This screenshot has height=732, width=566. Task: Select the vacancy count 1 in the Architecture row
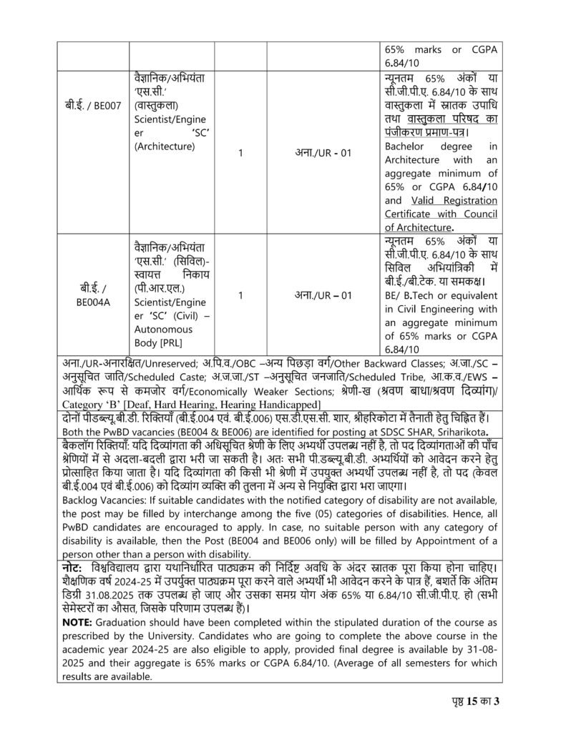pos(240,153)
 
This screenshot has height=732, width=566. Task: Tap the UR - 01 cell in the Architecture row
pos(323,153)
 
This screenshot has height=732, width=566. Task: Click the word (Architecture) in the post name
pos(165,147)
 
